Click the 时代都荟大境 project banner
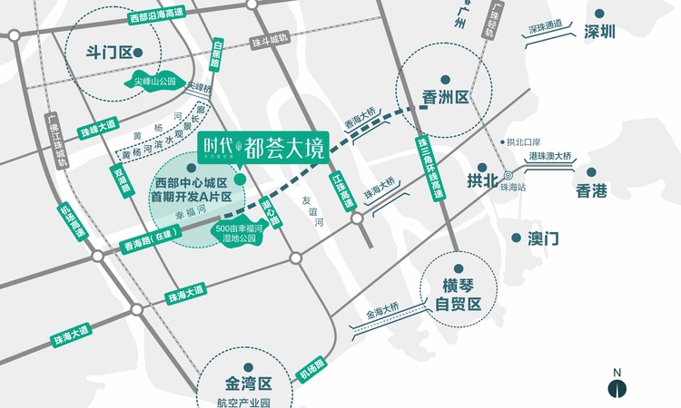[x=262, y=145]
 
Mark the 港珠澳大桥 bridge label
[x=550, y=155]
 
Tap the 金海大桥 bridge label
[x=382, y=316]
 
